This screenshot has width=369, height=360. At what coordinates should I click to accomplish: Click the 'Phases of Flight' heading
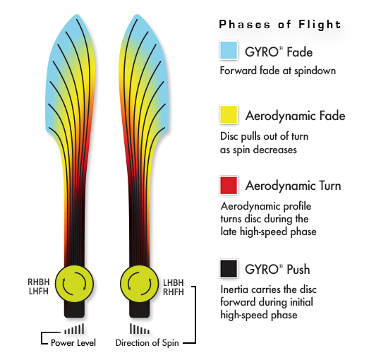click(x=280, y=25)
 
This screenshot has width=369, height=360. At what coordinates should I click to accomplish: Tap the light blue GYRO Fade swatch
click(x=229, y=50)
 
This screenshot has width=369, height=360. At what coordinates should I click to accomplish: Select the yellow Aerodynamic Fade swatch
click(x=229, y=114)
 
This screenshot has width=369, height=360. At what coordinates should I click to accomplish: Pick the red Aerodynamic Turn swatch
click(x=229, y=186)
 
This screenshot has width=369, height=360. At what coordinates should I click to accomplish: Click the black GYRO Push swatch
click(x=229, y=269)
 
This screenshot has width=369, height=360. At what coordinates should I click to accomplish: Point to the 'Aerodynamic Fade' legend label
click(x=295, y=116)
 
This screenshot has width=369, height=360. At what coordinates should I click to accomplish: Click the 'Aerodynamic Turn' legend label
click(x=294, y=186)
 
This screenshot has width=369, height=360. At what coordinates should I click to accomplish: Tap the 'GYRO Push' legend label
click(x=277, y=270)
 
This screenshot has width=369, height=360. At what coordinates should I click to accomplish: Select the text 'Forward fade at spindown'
click(x=278, y=71)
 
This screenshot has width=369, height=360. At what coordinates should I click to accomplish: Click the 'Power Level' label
click(x=73, y=343)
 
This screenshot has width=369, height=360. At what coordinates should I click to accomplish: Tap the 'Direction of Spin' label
click(x=147, y=343)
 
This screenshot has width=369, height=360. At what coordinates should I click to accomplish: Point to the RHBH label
click(x=39, y=282)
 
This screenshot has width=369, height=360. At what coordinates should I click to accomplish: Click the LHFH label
click(x=39, y=292)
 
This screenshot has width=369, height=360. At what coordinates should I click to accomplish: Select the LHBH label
click(x=174, y=282)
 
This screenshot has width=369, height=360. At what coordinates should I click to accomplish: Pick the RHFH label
click(x=174, y=292)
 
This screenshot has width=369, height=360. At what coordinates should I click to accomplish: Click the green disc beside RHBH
click(x=74, y=284)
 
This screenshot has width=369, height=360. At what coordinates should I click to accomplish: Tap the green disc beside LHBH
click(x=139, y=284)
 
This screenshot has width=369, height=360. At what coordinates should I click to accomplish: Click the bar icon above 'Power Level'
click(x=74, y=329)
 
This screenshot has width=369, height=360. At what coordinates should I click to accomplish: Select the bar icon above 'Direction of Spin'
click(x=139, y=329)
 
